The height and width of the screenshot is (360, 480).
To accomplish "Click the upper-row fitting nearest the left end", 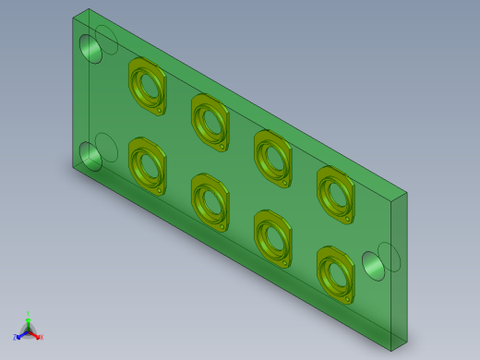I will [147, 84].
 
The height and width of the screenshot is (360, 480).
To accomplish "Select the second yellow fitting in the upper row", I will [210, 121].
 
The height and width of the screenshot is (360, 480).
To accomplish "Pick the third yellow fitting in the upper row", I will [272, 156].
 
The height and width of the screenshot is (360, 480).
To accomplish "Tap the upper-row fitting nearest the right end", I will [335, 193].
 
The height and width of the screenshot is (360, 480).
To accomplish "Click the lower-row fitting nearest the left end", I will [147, 165].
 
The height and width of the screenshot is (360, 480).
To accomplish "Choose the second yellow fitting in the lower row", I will [210, 201].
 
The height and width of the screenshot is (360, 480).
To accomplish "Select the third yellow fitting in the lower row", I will [272, 237].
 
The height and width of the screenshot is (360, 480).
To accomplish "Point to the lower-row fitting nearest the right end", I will [335, 273].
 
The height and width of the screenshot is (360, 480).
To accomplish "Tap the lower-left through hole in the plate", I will [90, 157].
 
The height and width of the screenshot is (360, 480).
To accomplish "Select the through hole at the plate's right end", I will [374, 266].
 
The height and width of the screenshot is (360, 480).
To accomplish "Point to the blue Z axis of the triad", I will [18, 337].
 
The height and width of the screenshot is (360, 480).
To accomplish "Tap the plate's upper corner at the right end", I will [407, 192].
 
